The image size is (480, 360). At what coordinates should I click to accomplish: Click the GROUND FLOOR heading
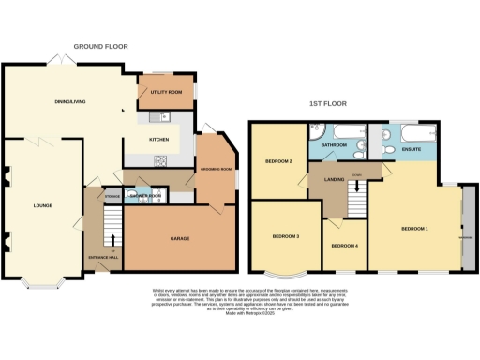[x=101, y=46]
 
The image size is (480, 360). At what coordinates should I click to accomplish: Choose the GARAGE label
[x=179, y=239]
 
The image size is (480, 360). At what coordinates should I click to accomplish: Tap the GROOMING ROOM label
[x=217, y=169]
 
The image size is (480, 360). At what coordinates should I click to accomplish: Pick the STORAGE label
[x=112, y=196]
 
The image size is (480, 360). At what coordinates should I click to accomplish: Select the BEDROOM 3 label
[x=285, y=235]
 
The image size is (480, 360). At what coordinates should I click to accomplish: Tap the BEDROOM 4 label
[x=344, y=246]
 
